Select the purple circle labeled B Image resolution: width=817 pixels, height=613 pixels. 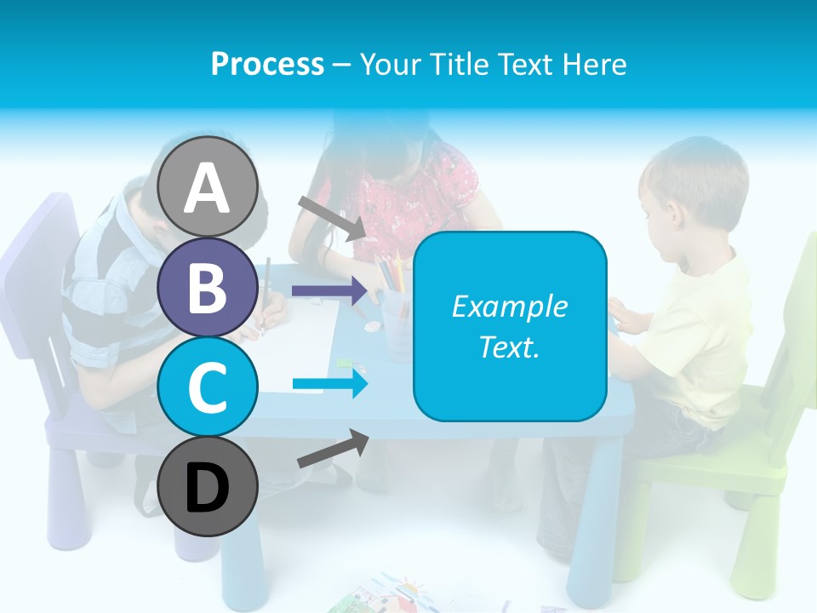coord(208,288)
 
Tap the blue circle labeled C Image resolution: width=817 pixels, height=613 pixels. coord(208,387)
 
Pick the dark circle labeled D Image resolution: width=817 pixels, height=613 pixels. coord(208,487)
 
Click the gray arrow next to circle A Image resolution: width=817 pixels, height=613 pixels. coord(332,217)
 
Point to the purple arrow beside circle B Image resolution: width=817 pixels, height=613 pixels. coord(328,291)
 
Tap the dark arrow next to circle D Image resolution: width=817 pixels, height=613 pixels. coord(333,449)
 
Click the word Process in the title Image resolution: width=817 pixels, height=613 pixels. coord(267,64)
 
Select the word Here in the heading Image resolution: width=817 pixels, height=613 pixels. coord(593,64)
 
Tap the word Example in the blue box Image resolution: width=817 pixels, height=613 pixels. coord(509,306)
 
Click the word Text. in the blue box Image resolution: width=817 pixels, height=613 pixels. coord(509,347)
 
